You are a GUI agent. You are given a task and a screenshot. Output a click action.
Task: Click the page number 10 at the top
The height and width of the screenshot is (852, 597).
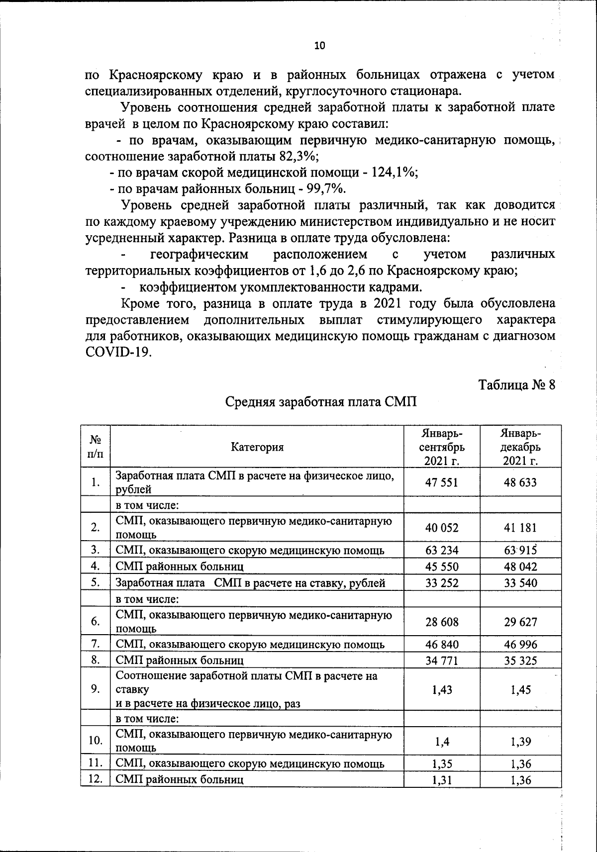click(x=319, y=46)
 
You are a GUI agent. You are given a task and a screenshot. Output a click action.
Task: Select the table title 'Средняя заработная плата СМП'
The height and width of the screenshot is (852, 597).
click(x=321, y=402)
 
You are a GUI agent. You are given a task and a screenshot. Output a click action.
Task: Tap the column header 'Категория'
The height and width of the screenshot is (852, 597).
click(x=257, y=447)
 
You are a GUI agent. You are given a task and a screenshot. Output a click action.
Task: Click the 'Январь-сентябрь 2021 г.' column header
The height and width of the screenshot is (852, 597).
click(x=441, y=447)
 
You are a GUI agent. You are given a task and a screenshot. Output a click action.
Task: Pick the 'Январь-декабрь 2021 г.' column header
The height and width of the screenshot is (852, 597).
click(x=520, y=447)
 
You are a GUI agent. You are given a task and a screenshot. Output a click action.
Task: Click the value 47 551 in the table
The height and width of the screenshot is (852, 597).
click(x=441, y=482)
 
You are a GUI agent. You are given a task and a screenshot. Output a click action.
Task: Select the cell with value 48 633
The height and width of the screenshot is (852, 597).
click(x=520, y=482)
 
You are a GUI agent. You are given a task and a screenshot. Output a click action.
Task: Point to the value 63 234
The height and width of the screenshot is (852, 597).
click(x=442, y=550)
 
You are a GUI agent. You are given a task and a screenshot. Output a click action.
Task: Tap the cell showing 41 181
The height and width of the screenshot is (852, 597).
click(x=520, y=528)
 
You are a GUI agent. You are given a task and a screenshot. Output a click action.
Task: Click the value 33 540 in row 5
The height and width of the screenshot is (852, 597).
click(x=520, y=583)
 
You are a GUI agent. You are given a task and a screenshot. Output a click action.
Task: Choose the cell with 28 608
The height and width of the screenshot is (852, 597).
click(x=442, y=622)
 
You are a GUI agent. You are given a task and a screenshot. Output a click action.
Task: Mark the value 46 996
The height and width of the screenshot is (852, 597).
click(x=520, y=645)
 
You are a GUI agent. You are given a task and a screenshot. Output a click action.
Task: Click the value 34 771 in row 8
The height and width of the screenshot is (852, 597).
click(x=442, y=661)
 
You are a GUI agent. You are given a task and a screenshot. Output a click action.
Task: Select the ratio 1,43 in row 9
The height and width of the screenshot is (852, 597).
click(x=442, y=689)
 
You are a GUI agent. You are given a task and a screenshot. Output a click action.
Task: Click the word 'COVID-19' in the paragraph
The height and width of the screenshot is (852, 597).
click(x=117, y=352)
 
